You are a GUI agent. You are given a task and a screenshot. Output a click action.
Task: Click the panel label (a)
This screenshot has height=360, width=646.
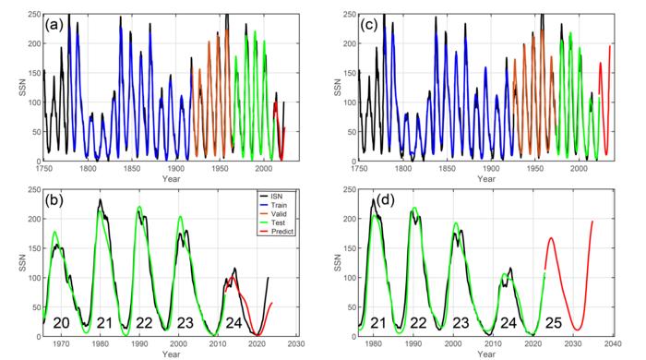pos(54,26)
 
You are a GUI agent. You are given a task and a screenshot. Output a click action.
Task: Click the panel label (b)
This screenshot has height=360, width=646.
pos(54,200)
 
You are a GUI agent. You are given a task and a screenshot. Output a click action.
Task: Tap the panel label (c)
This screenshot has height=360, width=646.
pos(369,26)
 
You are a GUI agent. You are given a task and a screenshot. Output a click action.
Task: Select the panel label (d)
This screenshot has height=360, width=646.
pos(385,200)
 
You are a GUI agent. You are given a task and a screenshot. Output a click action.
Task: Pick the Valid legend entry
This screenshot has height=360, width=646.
pos(272,214)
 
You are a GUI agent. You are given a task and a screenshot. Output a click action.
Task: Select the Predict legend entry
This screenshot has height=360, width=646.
pos(276,232)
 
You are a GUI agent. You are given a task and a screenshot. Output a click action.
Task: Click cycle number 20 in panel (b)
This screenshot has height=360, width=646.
pos(61,323)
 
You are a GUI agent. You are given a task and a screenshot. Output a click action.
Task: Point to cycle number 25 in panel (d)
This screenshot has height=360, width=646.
pos(554,323)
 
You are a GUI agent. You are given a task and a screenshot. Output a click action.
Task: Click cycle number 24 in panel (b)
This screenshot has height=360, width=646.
pos(233,323)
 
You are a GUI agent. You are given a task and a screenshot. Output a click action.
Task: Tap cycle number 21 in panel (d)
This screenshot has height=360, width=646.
pos(377,323)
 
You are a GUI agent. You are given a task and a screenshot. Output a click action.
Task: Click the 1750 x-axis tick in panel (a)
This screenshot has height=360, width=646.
pos(44,169)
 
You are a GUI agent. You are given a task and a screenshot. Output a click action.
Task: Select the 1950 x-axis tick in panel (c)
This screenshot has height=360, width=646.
pos(534,169)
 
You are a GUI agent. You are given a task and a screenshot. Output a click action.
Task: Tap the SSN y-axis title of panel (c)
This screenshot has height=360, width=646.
pos(338,88)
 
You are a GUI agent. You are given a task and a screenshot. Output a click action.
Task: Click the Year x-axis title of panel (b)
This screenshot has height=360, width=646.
pos(171,354)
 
